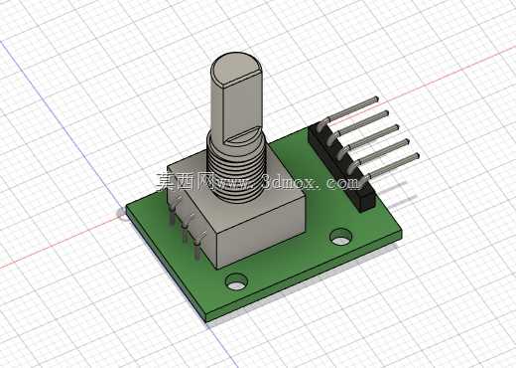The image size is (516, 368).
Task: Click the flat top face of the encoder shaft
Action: tap(236, 69)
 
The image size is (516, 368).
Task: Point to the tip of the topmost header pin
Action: tap(375, 98)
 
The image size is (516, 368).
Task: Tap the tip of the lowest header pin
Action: tap(417, 155)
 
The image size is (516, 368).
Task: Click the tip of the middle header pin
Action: tap(396, 127)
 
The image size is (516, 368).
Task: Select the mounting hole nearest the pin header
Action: tap(341, 237)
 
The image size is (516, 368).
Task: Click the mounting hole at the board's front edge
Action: tap(237, 281)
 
